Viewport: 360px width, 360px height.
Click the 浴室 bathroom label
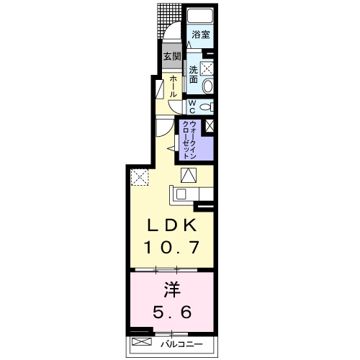click(x=200, y=35)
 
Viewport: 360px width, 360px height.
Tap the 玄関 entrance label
click(x=171, y=56)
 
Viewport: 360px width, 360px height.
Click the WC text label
click(x=193, y=106)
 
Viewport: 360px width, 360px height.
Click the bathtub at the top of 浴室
click(x=201, y=17)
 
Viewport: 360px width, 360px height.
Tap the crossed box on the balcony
click(x=142, y=343)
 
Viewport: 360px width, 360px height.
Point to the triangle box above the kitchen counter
click(x=189, y=174)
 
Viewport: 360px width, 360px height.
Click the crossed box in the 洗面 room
click(x=207, y=69)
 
